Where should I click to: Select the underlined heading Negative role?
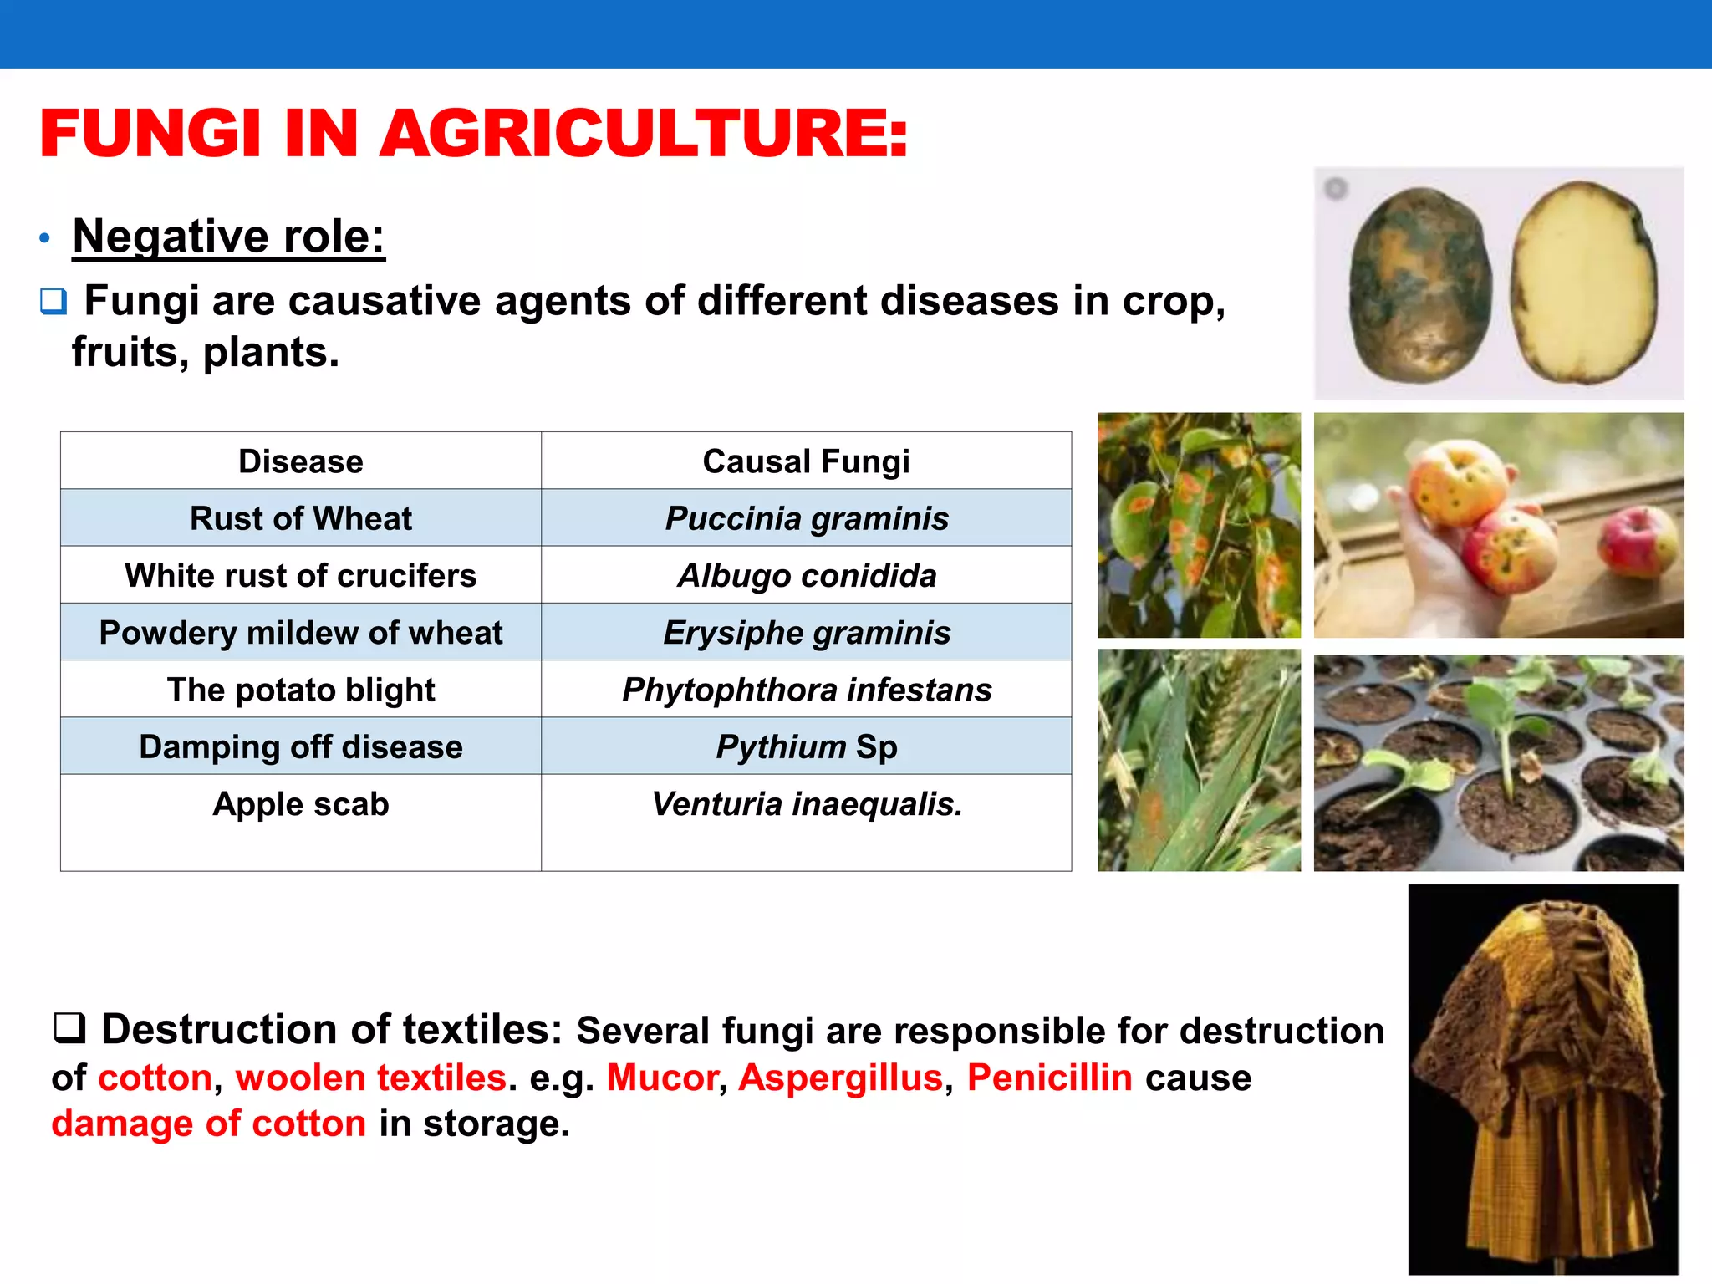228,237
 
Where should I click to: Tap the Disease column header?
301,461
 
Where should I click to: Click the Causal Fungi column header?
806,461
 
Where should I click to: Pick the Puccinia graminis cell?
806,518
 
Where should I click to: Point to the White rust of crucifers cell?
301,575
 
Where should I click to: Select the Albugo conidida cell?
806,575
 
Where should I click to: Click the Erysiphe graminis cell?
806,633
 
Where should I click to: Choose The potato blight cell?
301,690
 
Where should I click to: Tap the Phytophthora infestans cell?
806,690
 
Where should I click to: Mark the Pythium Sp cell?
806,746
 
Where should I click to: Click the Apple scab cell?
301,804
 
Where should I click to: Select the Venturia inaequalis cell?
806,804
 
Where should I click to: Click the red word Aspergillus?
840,1078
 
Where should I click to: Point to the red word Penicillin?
1049,1078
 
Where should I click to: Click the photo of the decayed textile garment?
1542,1078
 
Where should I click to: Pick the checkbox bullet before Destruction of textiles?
69,1028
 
